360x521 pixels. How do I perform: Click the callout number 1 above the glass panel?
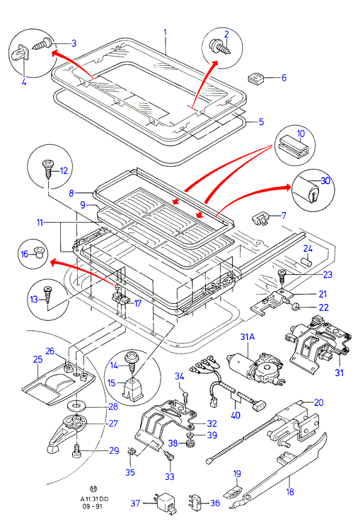click(x=165, y=34)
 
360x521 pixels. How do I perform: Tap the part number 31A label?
click(x=248, y=336)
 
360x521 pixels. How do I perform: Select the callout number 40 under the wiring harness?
click(x=236, y=415)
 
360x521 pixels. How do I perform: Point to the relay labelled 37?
click(x=166, y=502)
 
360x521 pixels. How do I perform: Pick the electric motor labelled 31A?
click(x=255, y=370)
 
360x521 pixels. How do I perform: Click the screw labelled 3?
click(x=42, y=44)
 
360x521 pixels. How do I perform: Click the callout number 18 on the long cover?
click(x=290, y=491)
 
